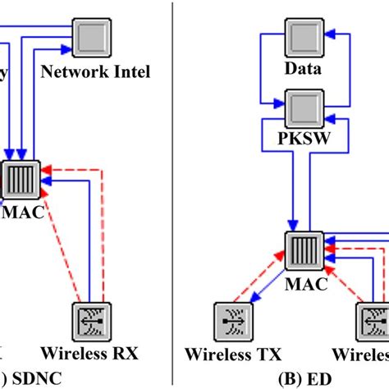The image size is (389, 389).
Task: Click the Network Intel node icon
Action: tap(95, 36)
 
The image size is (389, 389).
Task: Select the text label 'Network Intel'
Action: tap(95, 72)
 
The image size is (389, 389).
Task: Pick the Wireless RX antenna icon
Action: tap(92, 319)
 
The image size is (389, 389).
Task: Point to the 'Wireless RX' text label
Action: tap(91, 355)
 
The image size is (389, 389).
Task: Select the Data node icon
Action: tap(302, 36)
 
